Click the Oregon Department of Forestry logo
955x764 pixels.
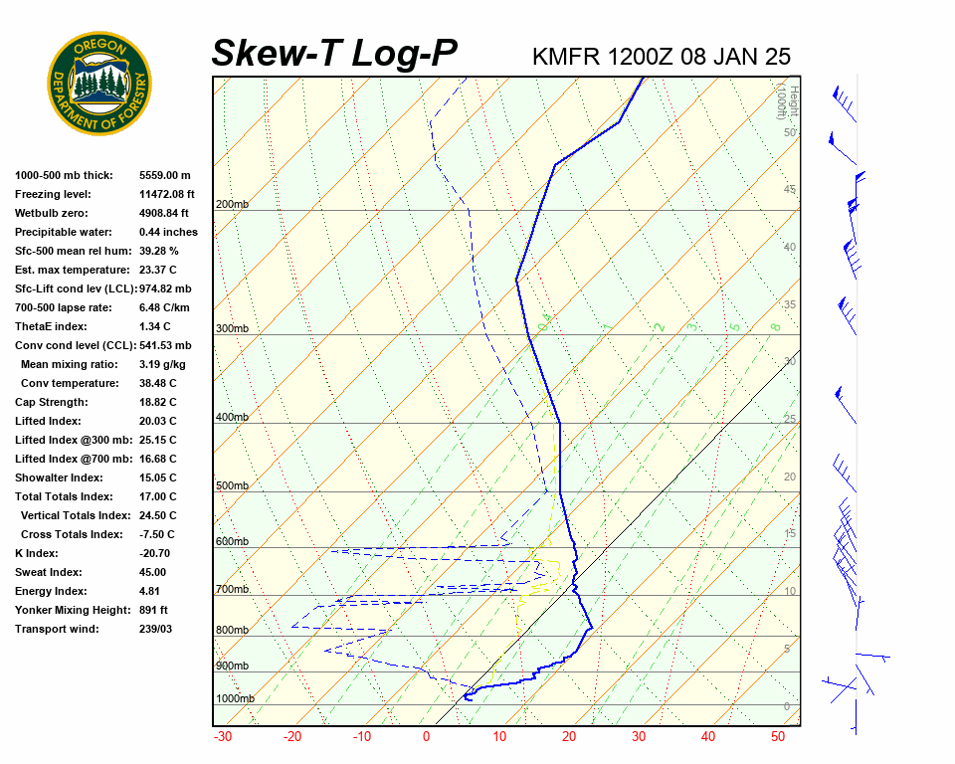click(x=99, y=84)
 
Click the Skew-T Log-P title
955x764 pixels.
click(x=334, y=54)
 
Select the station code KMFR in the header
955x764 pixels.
click(x=566, y=57)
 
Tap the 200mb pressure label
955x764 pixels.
click(x=232, y=204)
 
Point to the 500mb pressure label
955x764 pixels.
click(x=232, y=485)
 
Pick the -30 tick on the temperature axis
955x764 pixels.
click(x=223, y=737)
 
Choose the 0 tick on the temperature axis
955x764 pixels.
click(x=426, y=737)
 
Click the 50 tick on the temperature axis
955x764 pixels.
click(x=778, y=737)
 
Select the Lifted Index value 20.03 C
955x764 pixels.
click(x=157, y=421)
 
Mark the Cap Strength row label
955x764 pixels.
click(x=51, y=402)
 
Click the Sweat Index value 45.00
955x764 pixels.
click(x=152, y=572)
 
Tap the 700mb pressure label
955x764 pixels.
click(x=232, y=590)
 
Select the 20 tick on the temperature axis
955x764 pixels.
click(x=568, y=737)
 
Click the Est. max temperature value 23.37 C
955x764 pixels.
click(x=157, y=270)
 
